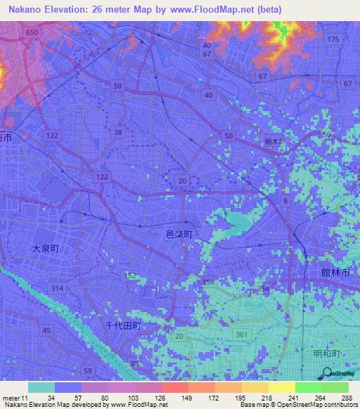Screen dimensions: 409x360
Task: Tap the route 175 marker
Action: [x=333, y=39]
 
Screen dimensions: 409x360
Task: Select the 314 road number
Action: [x=57, y=289]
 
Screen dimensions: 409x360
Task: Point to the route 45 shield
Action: [x=46, y=330]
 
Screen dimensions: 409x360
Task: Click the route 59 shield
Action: [x=87, y=370]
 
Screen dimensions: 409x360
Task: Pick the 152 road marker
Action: [x=131, y=275]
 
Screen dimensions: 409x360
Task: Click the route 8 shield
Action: [x=285, y=201]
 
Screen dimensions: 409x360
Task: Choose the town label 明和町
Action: [x=327, y=354]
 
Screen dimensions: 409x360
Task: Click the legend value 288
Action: [x=344, y=398]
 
